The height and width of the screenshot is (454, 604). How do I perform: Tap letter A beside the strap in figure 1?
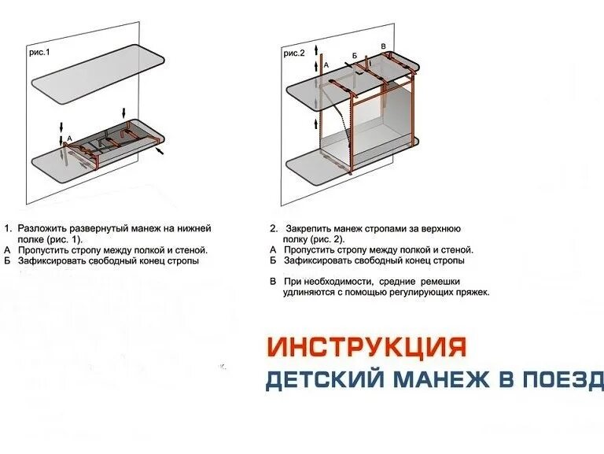[70, 138]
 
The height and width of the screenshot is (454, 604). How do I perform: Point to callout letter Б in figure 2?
[355, 56]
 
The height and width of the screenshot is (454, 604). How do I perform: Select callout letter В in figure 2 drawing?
[383, 47]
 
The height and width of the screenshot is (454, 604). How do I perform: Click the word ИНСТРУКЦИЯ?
[366, 346]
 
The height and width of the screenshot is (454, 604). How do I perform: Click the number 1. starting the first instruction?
[9, 228]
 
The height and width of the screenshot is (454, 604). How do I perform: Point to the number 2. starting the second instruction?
[273, 228]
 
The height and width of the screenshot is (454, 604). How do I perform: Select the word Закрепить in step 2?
[310, 228]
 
